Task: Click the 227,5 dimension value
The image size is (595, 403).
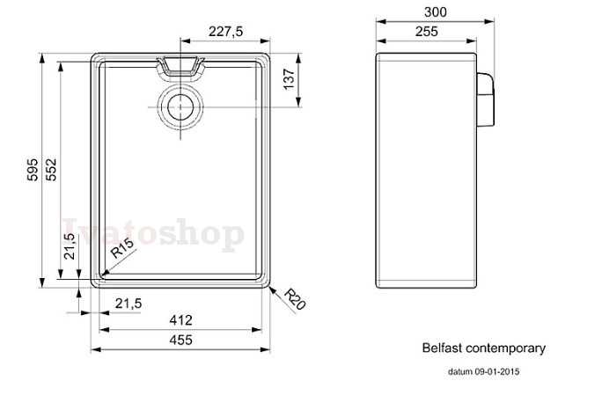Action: (225, 31)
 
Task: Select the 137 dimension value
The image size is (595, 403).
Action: (290, 79)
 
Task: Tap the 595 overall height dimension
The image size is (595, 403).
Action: (33, 169)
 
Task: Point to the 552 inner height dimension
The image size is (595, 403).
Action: (51, 169)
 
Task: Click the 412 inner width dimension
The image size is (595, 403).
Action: (180, 320)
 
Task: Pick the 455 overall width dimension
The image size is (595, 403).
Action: (180, 340)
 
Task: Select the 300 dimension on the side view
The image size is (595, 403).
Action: (435, 12)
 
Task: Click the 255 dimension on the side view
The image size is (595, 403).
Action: (427, 32)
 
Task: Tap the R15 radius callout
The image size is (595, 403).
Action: (122, 248)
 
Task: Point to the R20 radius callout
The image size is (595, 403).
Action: (295, 299)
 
